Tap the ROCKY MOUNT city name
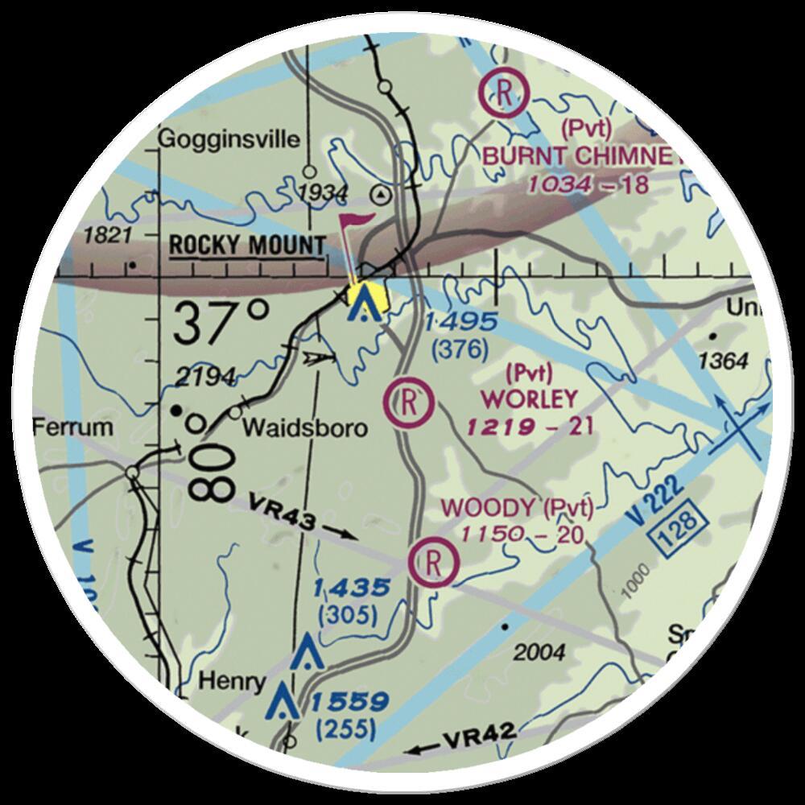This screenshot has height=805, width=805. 248,246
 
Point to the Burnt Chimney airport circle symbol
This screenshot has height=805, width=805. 503,93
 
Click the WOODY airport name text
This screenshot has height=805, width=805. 489,508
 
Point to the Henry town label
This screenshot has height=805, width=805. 232,683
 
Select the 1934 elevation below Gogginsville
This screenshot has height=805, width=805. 320,194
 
